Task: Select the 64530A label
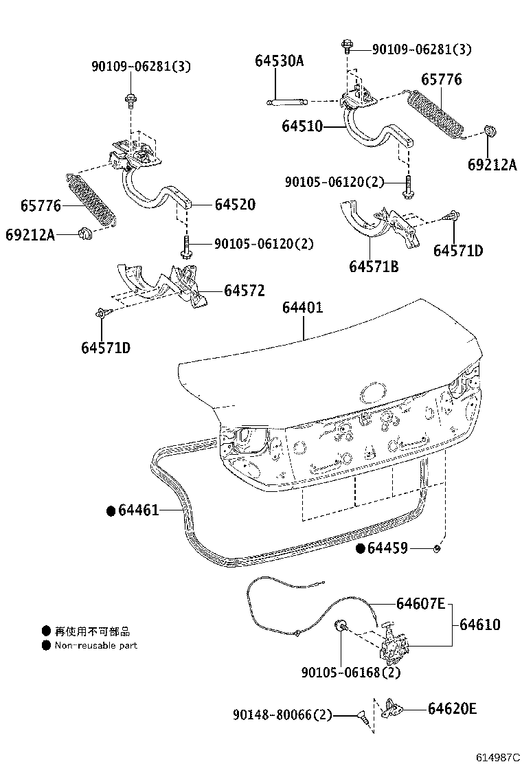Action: pos(279,60)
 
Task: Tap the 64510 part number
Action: pos(302,126)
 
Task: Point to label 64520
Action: pos(234,204)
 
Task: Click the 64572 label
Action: pos(244,291)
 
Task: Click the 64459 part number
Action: pos(387,548)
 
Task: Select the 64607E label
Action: pos(420,605)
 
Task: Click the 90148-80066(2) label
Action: pos(282,716)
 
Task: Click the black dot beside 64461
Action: pos(110,510)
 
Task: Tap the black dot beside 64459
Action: pos(360,548)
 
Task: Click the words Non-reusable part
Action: pos(96,646)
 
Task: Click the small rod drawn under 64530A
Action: pos(285,102)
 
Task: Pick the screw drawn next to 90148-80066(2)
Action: pos(360,717)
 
